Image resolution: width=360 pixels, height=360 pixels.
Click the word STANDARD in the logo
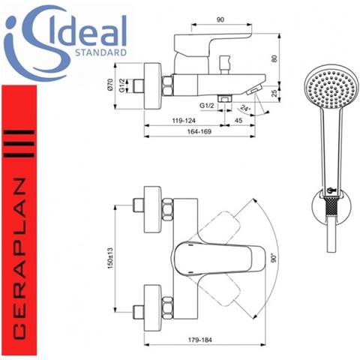pos(100,52)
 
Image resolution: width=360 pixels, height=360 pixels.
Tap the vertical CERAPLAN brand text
pos(19,258)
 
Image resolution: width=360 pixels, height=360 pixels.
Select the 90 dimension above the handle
pos(220,19)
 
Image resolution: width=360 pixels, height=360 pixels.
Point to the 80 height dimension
pos(274,58)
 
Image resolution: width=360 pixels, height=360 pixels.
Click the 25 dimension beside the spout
pos(274,93)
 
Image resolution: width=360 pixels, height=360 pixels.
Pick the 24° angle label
pos(245,109)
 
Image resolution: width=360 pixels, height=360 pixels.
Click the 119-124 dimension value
pos(184,121)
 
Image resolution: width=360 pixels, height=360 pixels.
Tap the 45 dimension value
pos(238,121)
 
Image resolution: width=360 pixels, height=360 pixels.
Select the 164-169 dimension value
pos(199,131)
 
